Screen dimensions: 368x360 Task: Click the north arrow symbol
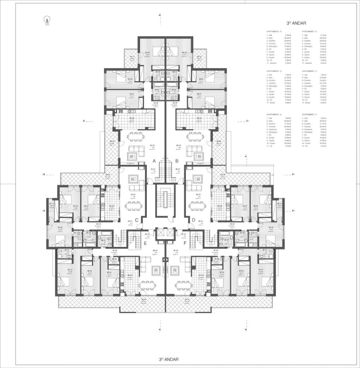coord(47,20)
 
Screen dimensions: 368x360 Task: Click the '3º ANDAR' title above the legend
coord(296,24)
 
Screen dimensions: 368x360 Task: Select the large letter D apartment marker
coord(194,219)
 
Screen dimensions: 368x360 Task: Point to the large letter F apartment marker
coord(185,243)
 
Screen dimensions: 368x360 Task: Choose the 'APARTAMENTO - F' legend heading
coord(310,114)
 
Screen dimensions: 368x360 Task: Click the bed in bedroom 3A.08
coord(119,76)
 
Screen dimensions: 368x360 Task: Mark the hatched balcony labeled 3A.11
coord(131,57)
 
